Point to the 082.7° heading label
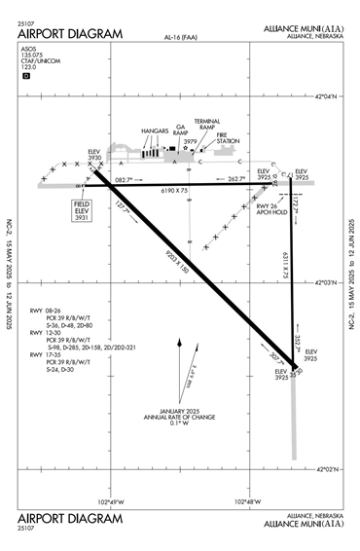(x=123, y=179)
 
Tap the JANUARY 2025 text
(x=180, y=410)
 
